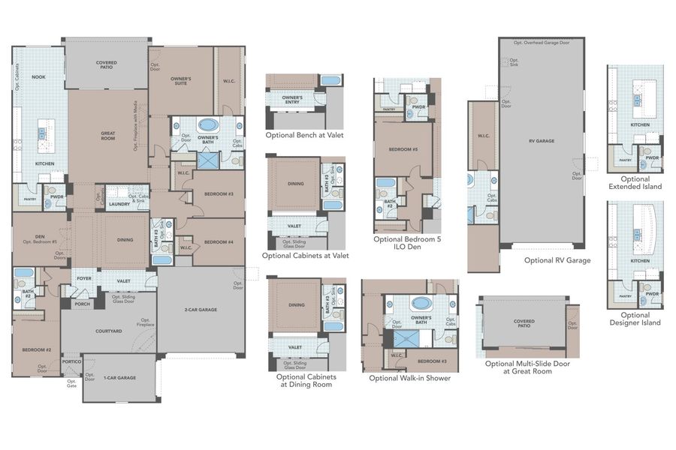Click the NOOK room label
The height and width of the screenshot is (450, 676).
(x=38, y=76)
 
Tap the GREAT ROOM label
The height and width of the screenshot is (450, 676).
(x=107, y=136)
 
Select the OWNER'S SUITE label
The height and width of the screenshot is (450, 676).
(x=180, y=81)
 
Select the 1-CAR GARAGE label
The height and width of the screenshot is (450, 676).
(x=119, y=377)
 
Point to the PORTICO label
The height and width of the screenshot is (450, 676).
(x=71, y=361)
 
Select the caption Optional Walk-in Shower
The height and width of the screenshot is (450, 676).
(x=410, y=378)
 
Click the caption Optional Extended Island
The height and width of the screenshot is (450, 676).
(x=635, y=183)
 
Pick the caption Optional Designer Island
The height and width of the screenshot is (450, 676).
(x=635, y=319)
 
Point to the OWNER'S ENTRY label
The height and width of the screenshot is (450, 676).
(x=292, y=99)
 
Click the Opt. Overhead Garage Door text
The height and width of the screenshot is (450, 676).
(x=542, y=43)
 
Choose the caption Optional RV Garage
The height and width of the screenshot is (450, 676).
(x=557, y=260)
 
